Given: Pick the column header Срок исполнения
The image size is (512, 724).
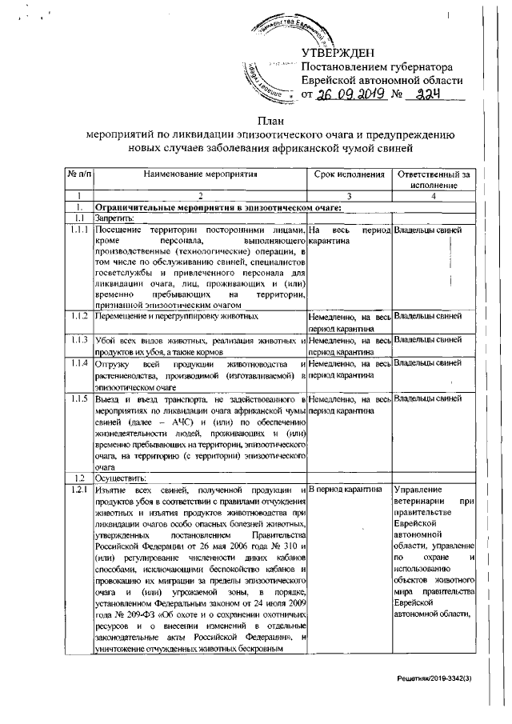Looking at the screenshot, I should pyautogui.click(x=348, y=174).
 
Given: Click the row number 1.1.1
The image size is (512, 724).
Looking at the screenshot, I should pyautogui.click(x=79, y=231).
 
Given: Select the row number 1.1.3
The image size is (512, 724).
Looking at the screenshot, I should pyautogui.click(x=79, y=341).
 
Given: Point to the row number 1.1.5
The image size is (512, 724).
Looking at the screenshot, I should pyautogui.click(x=79, y=398).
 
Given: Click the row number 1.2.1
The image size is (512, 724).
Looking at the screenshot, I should pyautogui.click(x=79, y=489).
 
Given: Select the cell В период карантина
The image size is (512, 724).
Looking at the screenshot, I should pyautogui.click(x=345, y=489).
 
